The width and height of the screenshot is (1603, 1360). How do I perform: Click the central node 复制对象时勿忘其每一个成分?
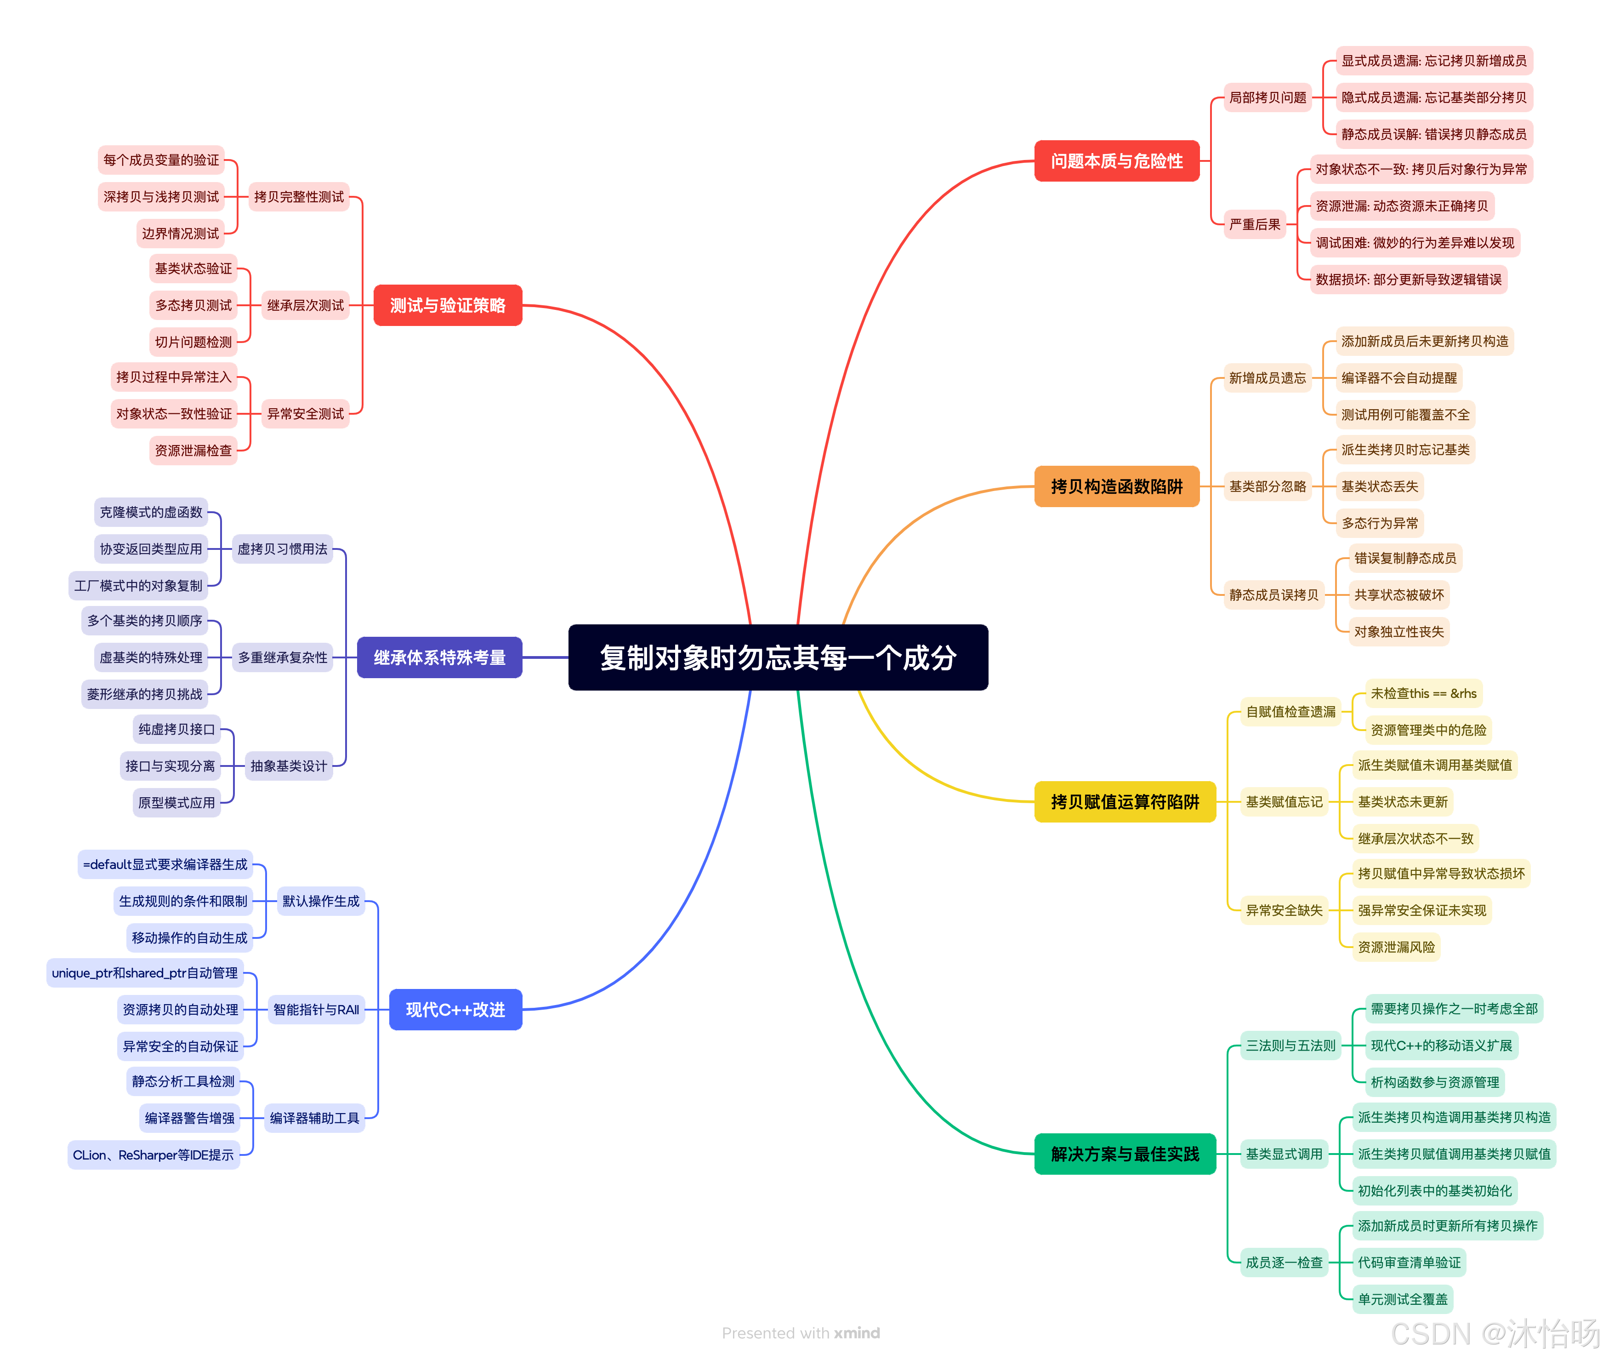coord(778,657)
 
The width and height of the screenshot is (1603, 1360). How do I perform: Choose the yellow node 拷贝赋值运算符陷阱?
coord(1125,802)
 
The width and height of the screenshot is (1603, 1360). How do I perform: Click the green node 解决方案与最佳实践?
coord(1125,1154)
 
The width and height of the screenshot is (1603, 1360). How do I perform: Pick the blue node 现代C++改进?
coord(455,1010)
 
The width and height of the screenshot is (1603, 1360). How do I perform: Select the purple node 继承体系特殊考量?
coord(439,657)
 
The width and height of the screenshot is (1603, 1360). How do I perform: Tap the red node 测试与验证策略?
coord(448,305)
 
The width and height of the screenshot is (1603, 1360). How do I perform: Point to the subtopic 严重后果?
coord(1255,224)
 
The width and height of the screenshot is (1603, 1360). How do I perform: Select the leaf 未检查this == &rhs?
coord(1423,693)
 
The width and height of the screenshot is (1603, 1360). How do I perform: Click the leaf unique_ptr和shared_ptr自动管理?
coord(145,973)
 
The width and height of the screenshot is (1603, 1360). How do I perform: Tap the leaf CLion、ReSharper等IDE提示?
coord(153,1155)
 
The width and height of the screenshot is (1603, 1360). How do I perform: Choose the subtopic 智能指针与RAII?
coord(316,1010)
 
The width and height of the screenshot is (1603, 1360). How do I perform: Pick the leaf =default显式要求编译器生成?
coord(165,864)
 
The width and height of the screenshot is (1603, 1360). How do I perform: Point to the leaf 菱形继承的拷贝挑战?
coord(144,694)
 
